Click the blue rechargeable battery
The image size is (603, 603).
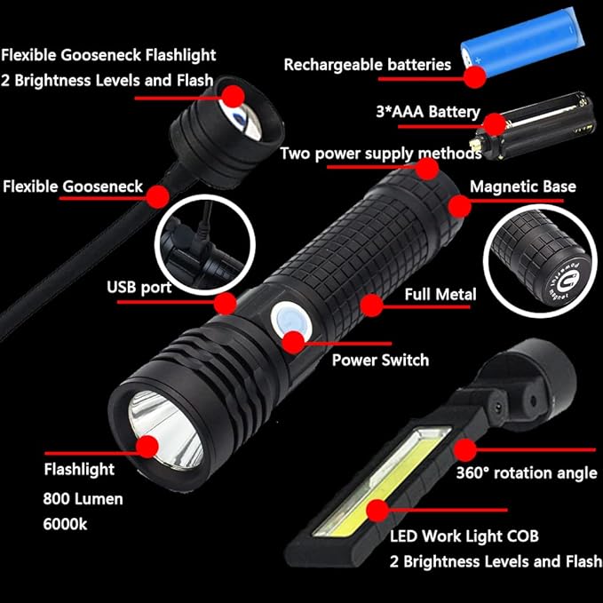(523, 43)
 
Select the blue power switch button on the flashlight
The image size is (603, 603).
(290, 321)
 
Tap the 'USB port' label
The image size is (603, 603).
(139, 287)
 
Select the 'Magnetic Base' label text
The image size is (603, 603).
(523, 186)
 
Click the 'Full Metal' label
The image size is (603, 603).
(440, 295)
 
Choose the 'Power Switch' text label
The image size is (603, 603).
(380, 361)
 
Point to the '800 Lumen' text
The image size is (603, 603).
(83, 499)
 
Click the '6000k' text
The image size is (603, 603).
(65, 524)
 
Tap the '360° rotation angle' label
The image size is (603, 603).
(527, 473)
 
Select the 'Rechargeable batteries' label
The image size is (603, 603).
(368, 65)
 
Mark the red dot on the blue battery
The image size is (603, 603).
(475, 77)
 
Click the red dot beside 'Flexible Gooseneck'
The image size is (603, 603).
(158, 196)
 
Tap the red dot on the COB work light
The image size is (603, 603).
(378, 511)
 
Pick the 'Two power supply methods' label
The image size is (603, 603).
(381, 154)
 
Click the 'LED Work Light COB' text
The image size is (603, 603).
(464, 536)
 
